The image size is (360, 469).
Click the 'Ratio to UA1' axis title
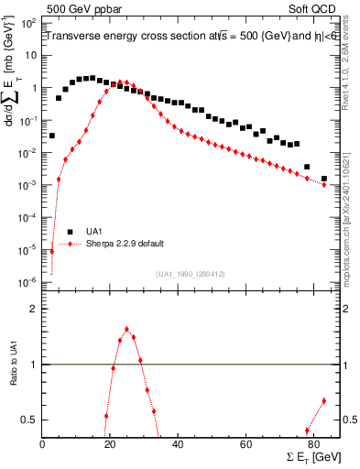point(14,376)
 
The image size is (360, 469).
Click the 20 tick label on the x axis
point(110,444)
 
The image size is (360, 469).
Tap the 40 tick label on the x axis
point(178,444)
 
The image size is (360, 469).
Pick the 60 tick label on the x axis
point(245,444)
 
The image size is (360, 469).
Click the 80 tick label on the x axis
point(313,444)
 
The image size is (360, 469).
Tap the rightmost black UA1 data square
point(323,179)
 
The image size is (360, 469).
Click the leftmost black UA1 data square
point(52,136)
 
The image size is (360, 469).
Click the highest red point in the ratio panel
point(126,330)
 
